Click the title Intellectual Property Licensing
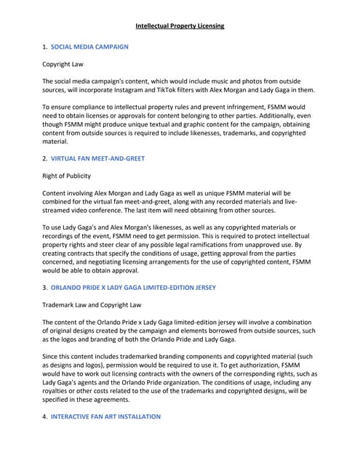coord(180,26)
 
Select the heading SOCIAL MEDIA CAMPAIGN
coord(89,46)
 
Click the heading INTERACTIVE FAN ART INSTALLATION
coord(105,416)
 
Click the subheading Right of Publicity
coord(72,175)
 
